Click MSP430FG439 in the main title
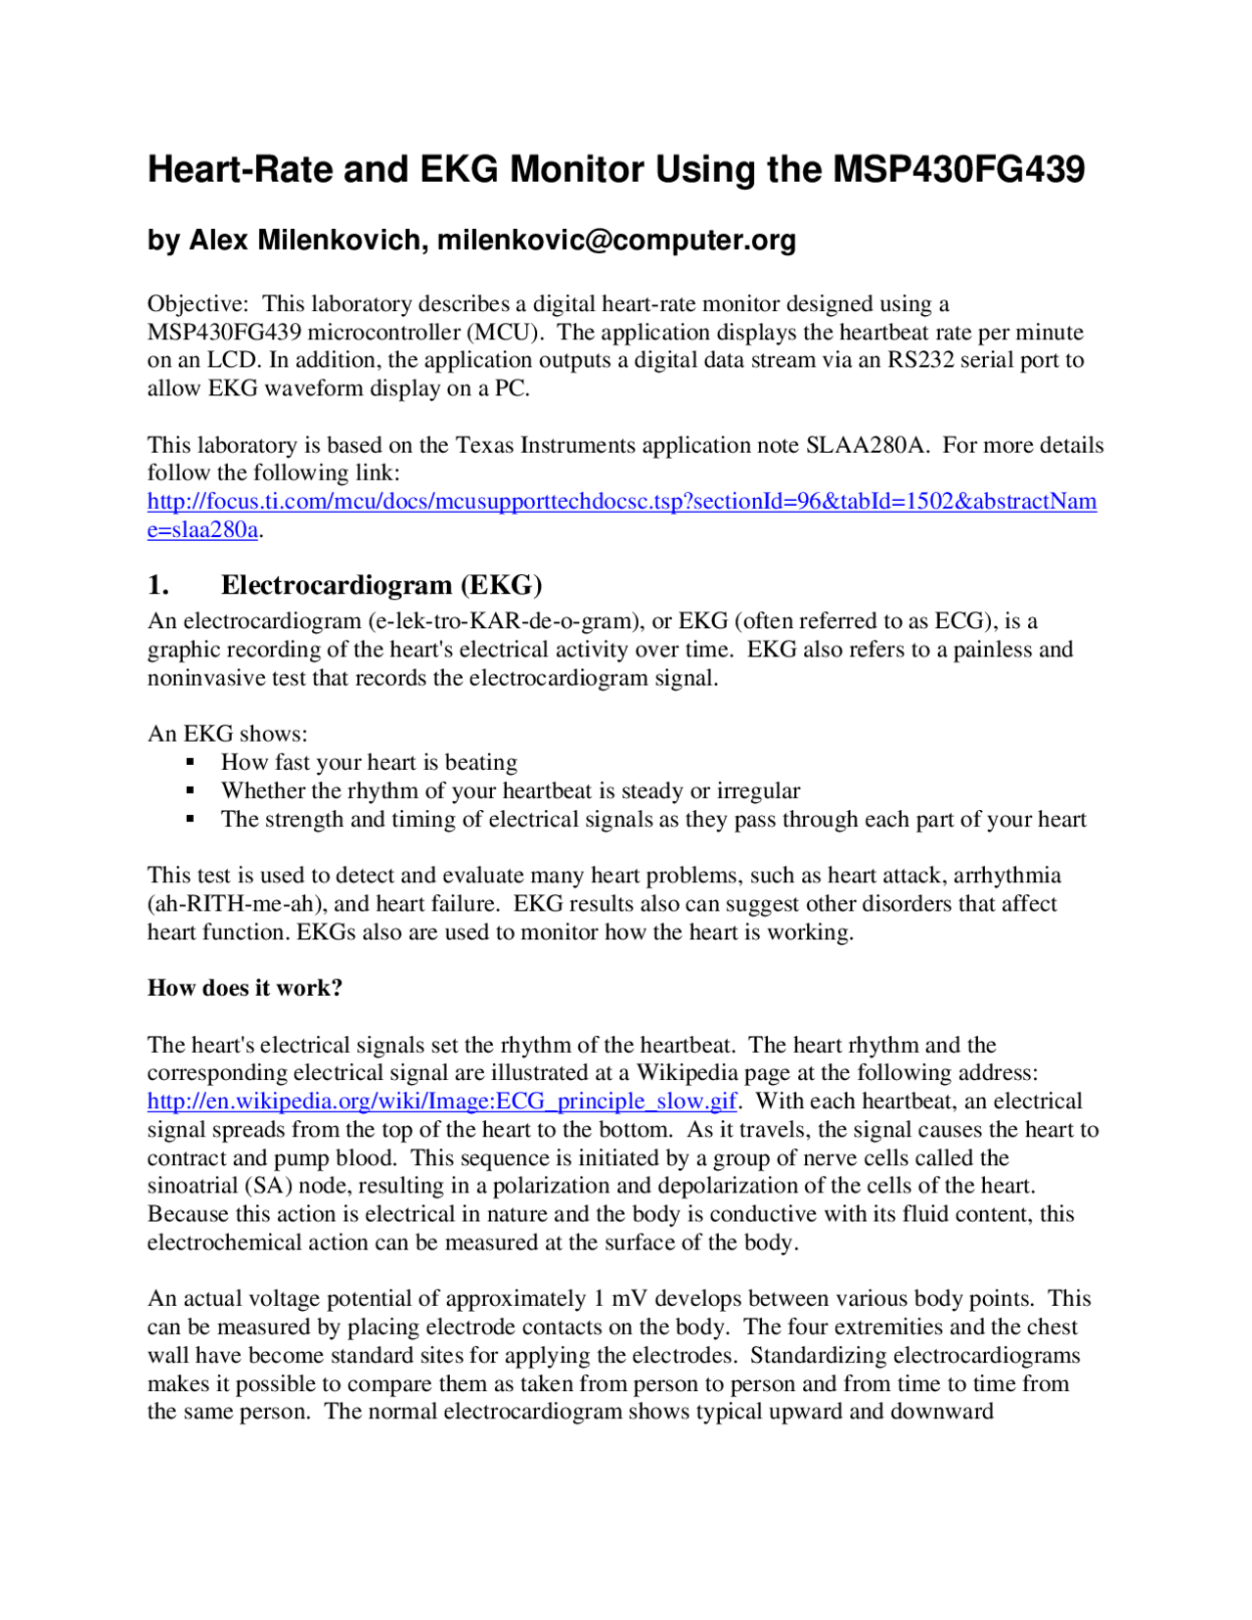[x=958, y=170]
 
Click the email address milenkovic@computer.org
[x=616, y=240]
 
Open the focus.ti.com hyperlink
[x=621, y=502]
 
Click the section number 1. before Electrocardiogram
[x=158, y=585]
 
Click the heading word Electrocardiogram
[x=336, y=585]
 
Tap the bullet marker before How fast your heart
[x=191, y=762]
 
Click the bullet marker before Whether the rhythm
[x=191, y=790]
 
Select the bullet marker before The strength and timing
[x=191, y=819]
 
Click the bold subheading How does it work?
[x=245, y=988]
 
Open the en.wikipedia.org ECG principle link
[x=442, y=1102]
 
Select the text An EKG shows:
[x=227, y=734]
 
